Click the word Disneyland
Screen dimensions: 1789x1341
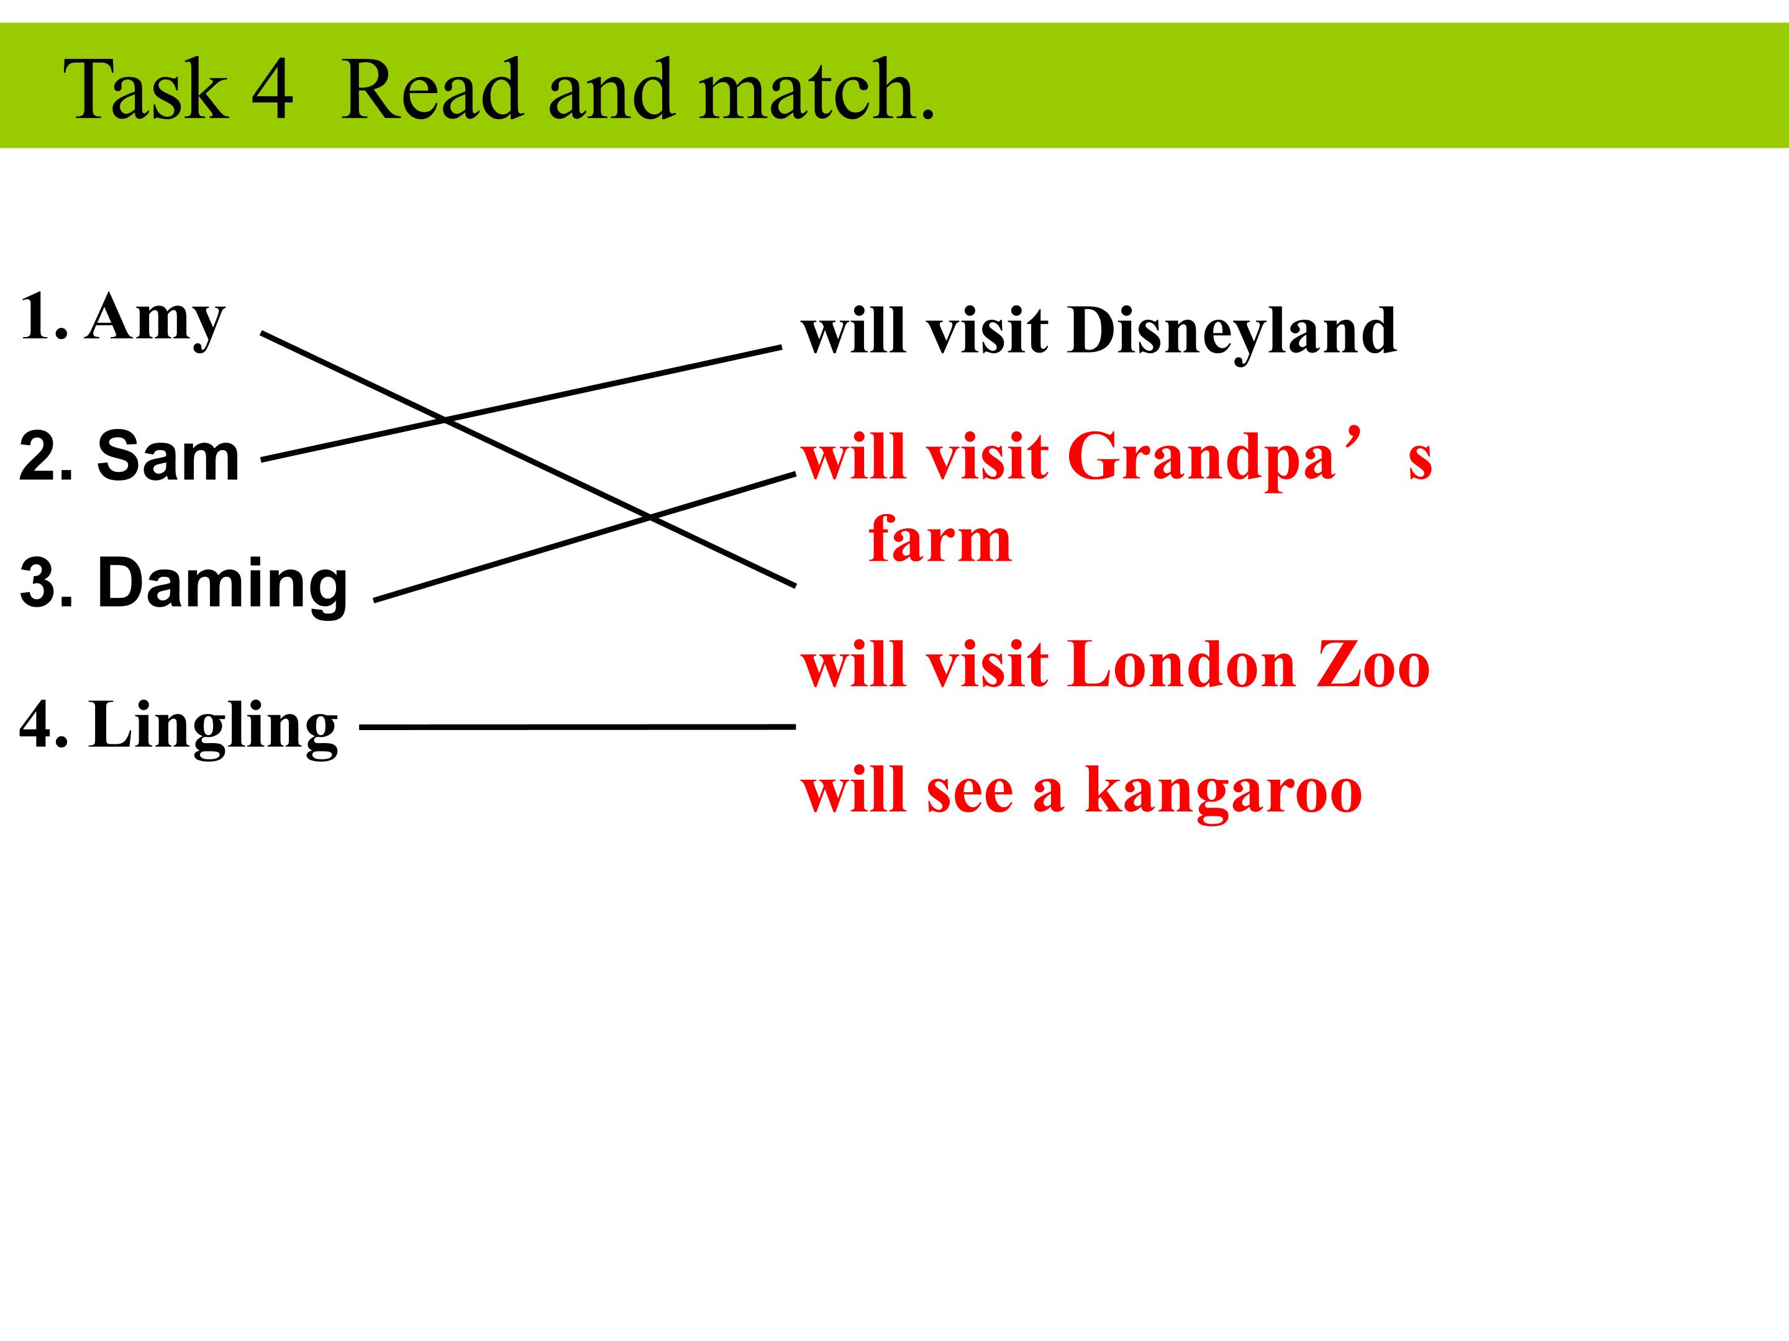click(1232, 332)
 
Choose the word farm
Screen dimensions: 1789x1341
click(940, 539)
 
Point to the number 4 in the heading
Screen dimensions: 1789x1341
click(273, 90)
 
